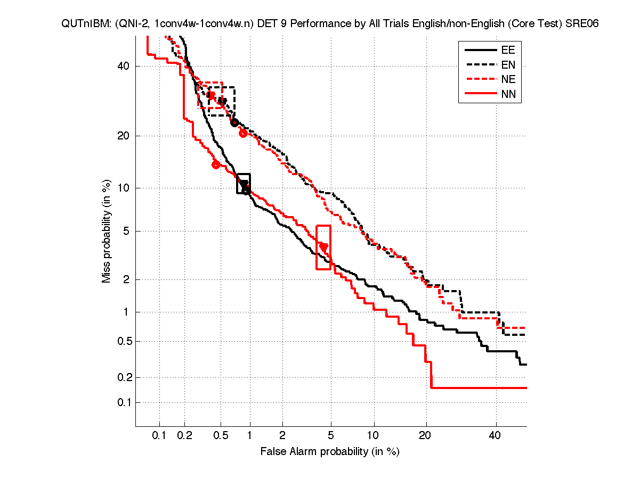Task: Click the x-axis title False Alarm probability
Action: point(330,452)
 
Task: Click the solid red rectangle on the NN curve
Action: point(323,247)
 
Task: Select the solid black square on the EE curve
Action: point(244,183)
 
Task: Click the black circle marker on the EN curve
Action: point(234,123)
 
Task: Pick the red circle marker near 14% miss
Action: point(216,164)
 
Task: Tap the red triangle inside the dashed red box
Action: point(211,96)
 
